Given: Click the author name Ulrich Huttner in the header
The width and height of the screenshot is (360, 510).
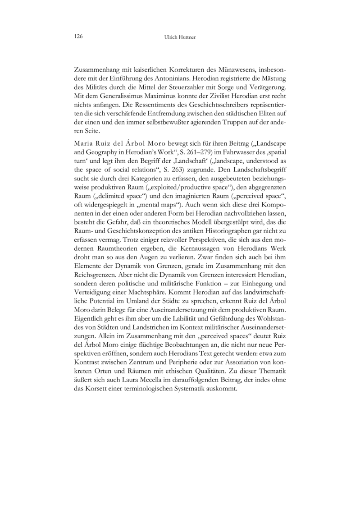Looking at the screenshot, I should click(x=180, y=37).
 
